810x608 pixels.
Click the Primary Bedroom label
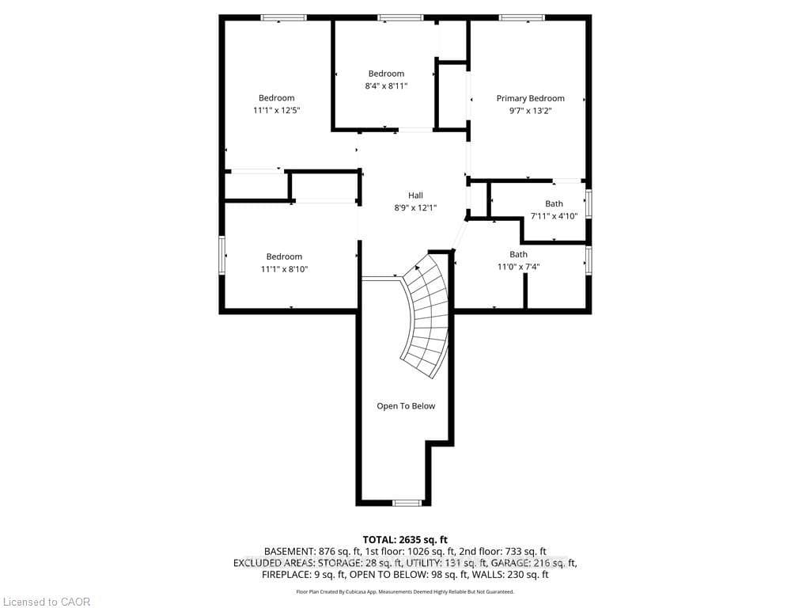click(x=530, y=98)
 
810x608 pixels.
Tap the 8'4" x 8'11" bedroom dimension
click(x=386, y=85)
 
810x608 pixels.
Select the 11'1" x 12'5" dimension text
click(x=276, y=110)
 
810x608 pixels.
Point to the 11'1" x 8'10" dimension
click(x=284, y=269)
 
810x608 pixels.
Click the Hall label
click(x=415, y=196)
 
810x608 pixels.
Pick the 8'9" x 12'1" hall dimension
click(x=415, y=208)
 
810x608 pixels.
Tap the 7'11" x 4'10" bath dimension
click(x=554, y=216)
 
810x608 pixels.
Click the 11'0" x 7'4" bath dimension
click(x=518, y=267)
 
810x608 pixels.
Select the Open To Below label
click(x=406, y=406)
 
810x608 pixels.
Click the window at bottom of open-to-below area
click(x=407, y=503)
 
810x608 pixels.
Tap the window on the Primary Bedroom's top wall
click(x=522, y=17)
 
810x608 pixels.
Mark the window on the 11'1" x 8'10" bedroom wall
click(x=222, y=255)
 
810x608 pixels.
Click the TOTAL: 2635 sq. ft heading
click(x=405, y=540)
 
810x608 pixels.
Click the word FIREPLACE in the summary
click(x=285, y=575)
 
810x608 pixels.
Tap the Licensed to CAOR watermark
click(x=47, y=602)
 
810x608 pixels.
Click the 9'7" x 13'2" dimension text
click(x=531, y=110)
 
